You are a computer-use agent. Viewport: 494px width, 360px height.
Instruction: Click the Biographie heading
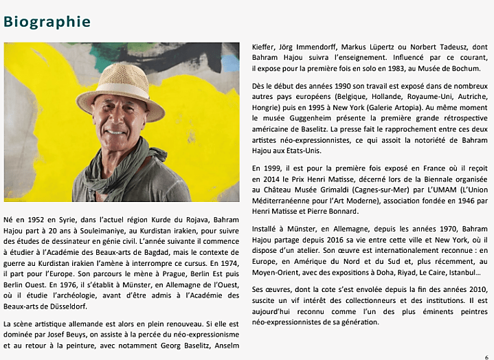(x=47, y=21)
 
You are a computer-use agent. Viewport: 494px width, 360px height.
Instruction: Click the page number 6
(x=486, y=355)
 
